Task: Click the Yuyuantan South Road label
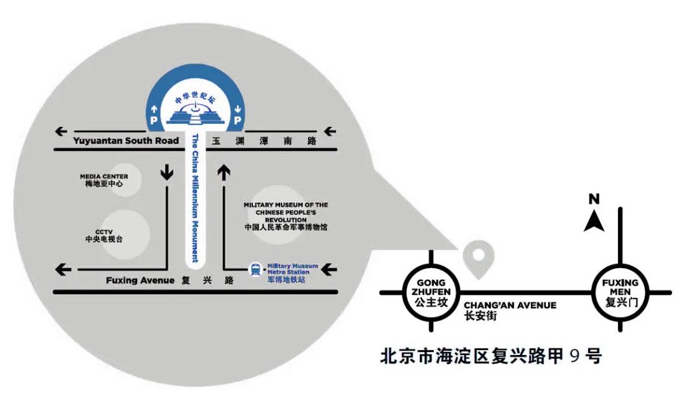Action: pyautogui.click(x=126, y=140)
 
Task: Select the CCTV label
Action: pyautogui.click(x=104, y=236)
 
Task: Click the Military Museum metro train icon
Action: pyautogui.click(x=255, y=270)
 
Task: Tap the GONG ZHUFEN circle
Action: pyautogui.click(x=431, y=292)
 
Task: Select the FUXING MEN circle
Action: pyautogui.click(x=619, y=292)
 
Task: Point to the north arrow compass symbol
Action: pyautogui.click(x=594, y=216)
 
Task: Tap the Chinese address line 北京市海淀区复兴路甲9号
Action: pyautogui.click(x=490, y=356)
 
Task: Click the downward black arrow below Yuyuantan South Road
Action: pyautogui.click(x=167, y=172)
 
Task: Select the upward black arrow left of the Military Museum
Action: pyautogui.click(x=224, y=172)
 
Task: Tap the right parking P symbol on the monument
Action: pyautogui.click(x=237, y=119)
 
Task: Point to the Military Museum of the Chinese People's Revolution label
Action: pyautogui.click(x=286, y=216)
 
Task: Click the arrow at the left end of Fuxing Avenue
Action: pyautogui.click(x=64, y=269)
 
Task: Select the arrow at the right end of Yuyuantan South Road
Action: pyautogui.click(x=329, y=132)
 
